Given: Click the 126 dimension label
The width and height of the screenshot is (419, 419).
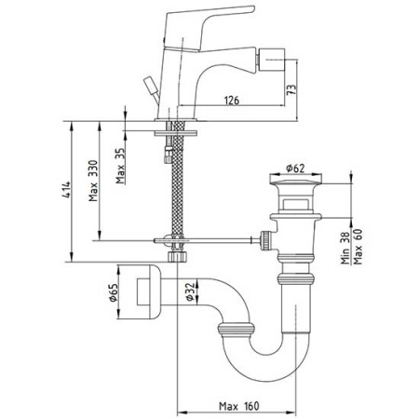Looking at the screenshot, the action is click(232, 101).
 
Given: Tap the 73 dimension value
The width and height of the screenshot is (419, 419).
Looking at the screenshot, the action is click(291, 90).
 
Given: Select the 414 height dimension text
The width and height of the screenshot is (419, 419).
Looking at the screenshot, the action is click(66, 189).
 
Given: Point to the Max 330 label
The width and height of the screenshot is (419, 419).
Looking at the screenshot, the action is click(93, 181).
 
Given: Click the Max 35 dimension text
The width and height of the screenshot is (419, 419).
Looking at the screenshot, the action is click(120, 166).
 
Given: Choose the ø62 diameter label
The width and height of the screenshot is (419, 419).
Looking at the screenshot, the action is click(295, 169).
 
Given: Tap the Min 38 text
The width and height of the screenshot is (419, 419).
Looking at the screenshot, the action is click(345, 248).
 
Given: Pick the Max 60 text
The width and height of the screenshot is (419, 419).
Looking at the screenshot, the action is click(358, 247).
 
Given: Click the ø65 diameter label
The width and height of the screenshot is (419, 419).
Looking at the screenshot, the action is click(113, 292).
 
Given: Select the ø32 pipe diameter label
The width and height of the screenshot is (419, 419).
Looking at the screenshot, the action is click(190, 291).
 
